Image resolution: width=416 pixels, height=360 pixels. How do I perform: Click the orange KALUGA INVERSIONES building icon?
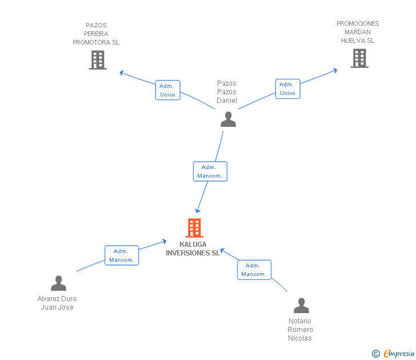click(x=194, y=228)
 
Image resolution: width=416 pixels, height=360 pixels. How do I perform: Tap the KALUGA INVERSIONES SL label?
click(x=193, y=249)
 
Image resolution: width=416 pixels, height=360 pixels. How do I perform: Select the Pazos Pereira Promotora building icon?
click(x=98, y=60)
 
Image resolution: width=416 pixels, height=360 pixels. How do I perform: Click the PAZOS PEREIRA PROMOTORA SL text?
click(x=96, y=34)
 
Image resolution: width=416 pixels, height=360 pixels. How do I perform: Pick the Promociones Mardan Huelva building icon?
click(x=359, y=58)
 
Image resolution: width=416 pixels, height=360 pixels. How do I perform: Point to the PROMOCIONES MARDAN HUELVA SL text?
click(x=358, y=32)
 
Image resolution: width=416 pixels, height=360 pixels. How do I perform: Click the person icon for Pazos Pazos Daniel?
click(x=228, y=119)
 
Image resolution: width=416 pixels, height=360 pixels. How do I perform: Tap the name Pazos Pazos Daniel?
click(x=226, y=92)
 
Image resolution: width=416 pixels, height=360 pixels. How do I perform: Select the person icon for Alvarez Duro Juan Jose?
click(x=58, y=283)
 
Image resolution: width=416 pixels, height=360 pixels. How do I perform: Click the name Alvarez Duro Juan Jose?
click(x=57, y=303)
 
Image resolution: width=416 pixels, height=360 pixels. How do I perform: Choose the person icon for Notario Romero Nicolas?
click(x=301, y=306)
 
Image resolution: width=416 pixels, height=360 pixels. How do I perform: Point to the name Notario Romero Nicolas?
click(x=300, y=330)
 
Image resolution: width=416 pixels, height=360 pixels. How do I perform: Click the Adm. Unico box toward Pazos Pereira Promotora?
click(x=167, y=90)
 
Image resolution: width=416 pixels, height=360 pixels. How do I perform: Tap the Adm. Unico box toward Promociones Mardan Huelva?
click(x=287, y=89)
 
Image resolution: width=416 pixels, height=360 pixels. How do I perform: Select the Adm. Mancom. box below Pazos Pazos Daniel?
click(x=210, y=171)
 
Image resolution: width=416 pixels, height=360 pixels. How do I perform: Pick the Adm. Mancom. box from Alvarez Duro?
click(x=121, y=255)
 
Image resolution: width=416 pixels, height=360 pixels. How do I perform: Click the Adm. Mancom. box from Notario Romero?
click(x=254, y=270)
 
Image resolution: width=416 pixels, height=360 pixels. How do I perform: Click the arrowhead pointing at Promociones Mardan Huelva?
click(x=335, y=70)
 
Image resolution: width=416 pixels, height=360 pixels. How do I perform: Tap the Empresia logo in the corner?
click(x=393, y=354)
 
